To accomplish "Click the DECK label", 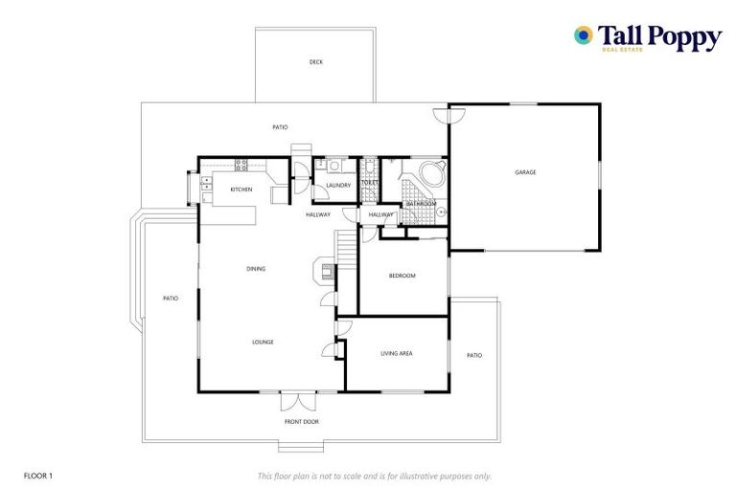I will [316, 62].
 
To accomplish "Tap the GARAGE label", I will [525, 172].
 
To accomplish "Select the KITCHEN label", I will [241, 189].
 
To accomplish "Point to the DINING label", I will [255, 269].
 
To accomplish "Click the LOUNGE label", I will [263, 342].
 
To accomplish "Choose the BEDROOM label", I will [402, 276].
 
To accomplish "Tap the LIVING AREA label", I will [396, 354].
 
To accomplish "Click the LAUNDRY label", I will [338, 186].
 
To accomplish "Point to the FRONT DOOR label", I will [301, 421].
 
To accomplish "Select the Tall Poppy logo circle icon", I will [582, 35].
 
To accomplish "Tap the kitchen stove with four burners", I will [241, 164].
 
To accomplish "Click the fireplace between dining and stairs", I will [325, 271].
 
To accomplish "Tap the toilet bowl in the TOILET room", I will [369, 166].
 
